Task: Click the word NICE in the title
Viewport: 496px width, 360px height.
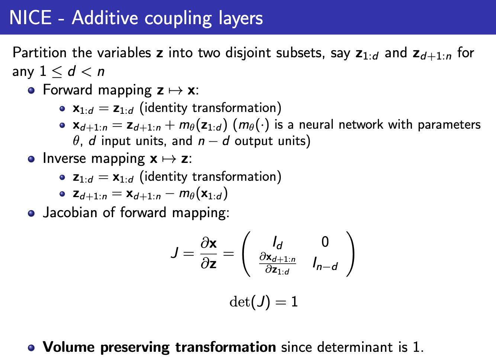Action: point(30,17)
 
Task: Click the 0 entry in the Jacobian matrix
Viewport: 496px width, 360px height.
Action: point(325,242)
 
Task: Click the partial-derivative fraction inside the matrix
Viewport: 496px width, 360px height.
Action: point(277,263)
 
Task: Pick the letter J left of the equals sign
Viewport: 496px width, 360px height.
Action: point(175,254)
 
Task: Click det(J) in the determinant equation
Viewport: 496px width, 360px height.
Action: point(249,302)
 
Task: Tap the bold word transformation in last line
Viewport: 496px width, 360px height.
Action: point(225,347)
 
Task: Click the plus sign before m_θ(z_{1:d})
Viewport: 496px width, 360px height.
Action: point(170,125)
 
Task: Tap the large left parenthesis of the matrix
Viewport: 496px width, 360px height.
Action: point(246,254)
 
